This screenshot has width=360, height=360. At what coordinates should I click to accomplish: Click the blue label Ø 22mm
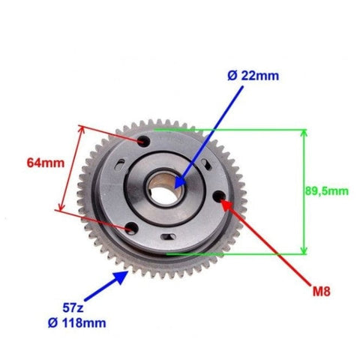[x=253, y=76]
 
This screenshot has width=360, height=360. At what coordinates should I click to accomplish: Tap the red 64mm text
[x=46, y=163]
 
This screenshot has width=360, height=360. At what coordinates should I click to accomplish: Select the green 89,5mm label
[x=326, y=191]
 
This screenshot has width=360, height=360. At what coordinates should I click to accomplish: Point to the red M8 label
[x=322, y=291]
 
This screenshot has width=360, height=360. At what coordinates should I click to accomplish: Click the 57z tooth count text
[x=73, y=307]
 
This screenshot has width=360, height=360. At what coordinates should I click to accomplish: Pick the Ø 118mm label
[x=76, y=323]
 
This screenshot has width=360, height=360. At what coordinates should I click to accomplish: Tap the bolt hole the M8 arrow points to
[x=219, y=196]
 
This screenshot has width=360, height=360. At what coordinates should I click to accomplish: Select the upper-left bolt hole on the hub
[x=144, y=141]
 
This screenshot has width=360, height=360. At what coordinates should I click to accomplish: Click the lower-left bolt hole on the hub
[x=132, y=229]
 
